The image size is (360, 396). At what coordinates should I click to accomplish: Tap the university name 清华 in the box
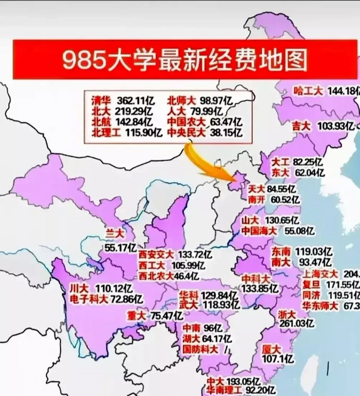pos(101,101)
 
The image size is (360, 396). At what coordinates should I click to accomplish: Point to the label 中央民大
pos(186,133)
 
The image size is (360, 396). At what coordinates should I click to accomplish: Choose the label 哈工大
pos(308,91)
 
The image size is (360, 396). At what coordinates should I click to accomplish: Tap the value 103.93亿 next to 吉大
pos(335,126)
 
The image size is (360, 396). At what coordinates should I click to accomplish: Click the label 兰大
pos(115,233)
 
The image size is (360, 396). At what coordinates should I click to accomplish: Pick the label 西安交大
pos(156,255)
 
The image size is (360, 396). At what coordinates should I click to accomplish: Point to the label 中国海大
pos(259,230)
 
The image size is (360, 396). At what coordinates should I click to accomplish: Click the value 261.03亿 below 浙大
pos(297,324)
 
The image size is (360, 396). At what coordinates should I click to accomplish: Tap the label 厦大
pos(271,349)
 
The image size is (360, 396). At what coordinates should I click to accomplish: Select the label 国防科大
pos(200,349)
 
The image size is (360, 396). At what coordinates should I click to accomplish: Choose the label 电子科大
pos(89,299)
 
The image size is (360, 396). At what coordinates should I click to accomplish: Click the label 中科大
pos(256,279)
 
